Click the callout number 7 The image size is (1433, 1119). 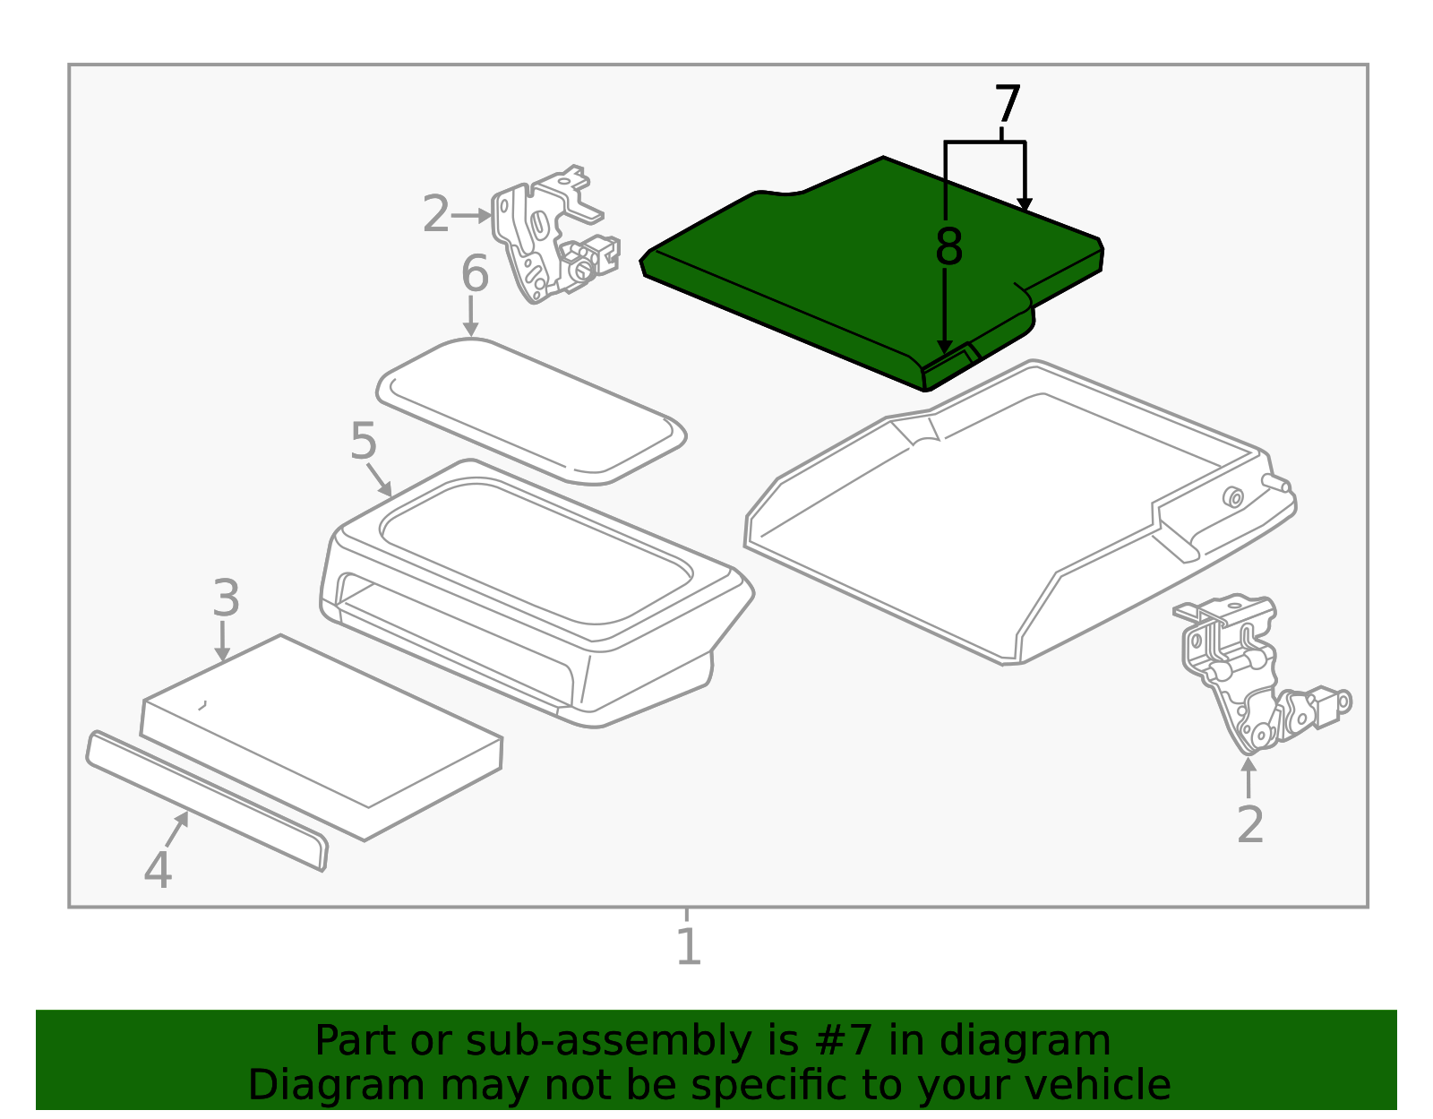1008,104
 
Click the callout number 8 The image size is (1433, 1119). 949,247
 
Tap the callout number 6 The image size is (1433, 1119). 475,273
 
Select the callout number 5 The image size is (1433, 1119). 364,441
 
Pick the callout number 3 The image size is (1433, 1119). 227,598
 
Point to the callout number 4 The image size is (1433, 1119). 159,869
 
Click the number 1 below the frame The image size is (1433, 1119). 689,946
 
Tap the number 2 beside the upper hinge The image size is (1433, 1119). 436,213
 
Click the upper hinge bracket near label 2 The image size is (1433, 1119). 553,234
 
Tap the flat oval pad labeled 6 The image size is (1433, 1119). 531,411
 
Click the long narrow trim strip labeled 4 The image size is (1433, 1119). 206,801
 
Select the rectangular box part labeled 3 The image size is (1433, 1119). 322,737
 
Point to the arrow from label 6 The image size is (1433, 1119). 470,316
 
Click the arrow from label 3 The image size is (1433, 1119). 223,641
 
